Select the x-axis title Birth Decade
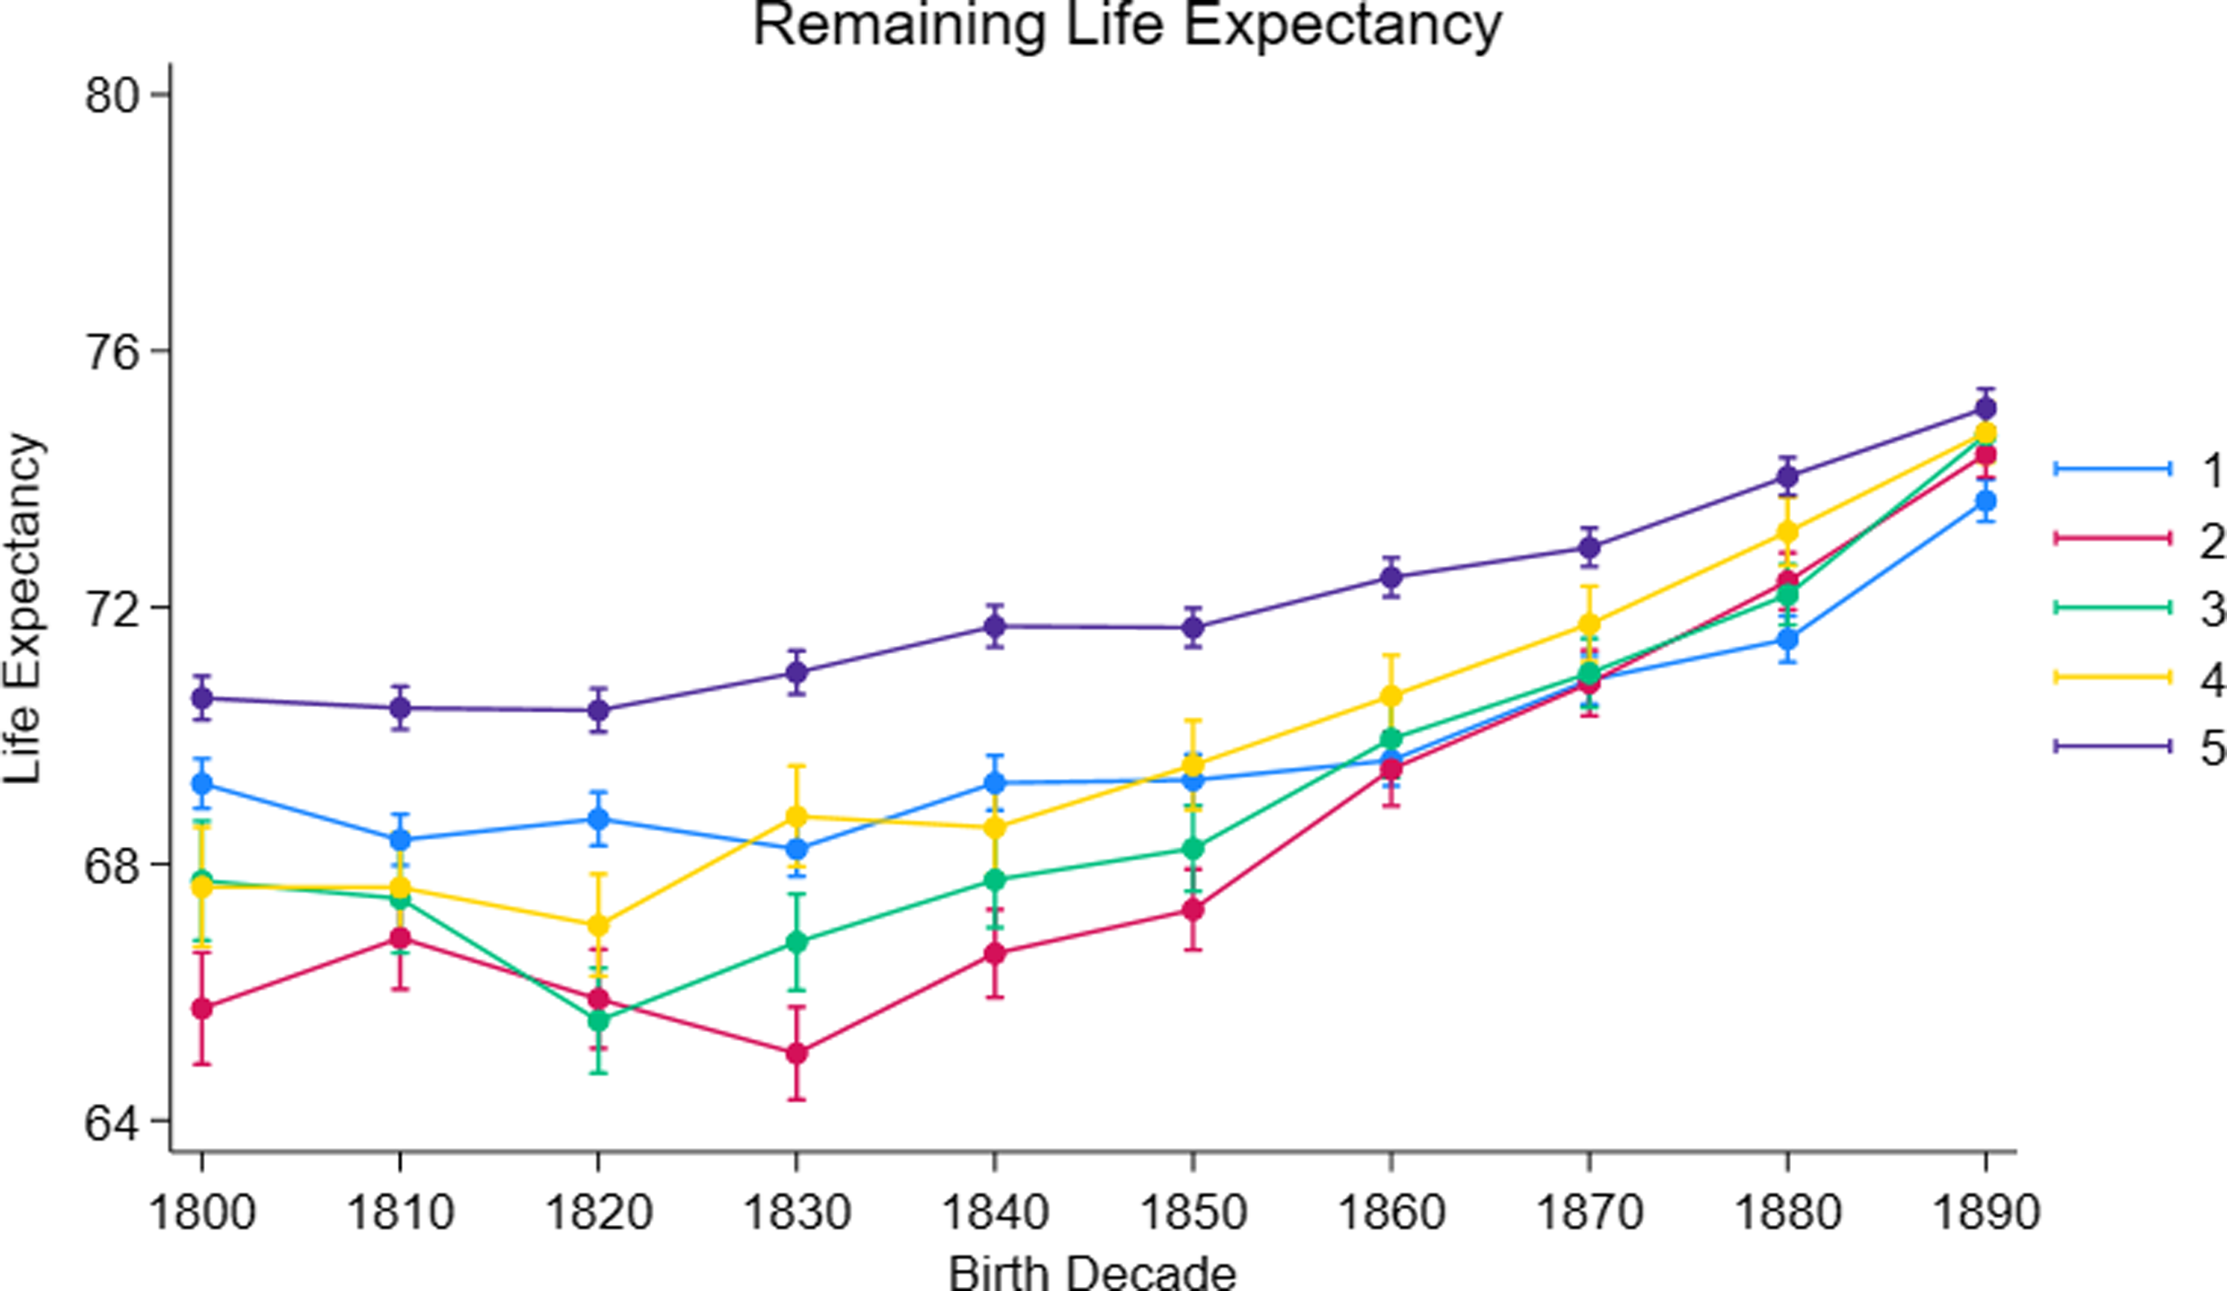click(1093, 1273)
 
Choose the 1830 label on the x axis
click(796, 1212)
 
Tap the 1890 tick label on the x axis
click(1986, 1212)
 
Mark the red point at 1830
click(796, 1053)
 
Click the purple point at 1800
click(203, 698)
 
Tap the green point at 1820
click(599, 1020)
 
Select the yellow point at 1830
click(796, 817)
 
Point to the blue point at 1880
click(1788, 639)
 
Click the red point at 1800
click(203, 1008)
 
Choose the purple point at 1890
click(1986, 408)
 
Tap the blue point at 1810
click(400, 839)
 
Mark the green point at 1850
click(1193, 848)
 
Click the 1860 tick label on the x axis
click(1391, 1212)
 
